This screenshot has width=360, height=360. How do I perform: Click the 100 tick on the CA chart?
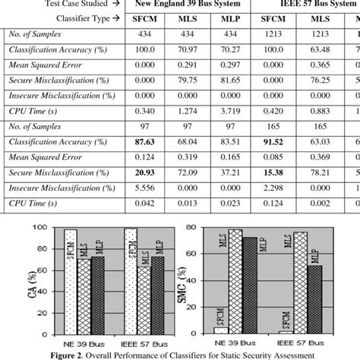pyautogui.click(x=46, y=229)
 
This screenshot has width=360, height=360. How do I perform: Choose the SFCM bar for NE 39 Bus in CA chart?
pyautogui.click(x=70, y=281)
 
